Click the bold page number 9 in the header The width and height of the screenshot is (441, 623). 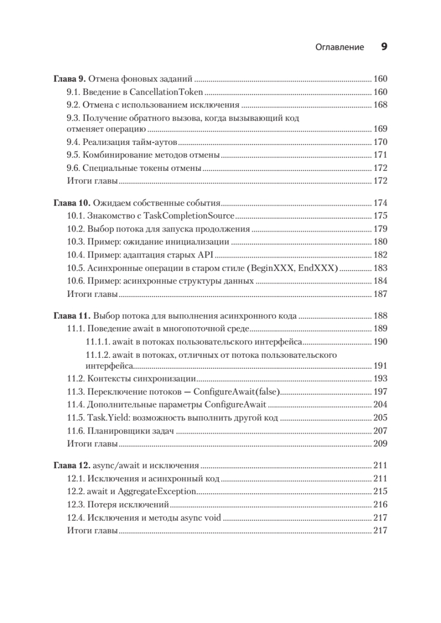pos(384,47)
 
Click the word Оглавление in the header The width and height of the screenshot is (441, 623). pos(340,47)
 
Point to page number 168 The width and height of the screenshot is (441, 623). pos(381,105)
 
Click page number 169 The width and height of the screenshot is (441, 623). pos(381,129)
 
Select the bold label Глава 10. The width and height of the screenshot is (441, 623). pos(72,203)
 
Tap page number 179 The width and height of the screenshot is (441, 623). pos(381,229)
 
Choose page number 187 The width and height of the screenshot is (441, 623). pos(381,294)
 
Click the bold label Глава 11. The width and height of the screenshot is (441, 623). pos(72,316)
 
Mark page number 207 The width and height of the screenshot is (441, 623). pos(381,431)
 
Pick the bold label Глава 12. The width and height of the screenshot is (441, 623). pos(72,465)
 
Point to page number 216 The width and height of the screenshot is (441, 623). pos(381,504)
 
